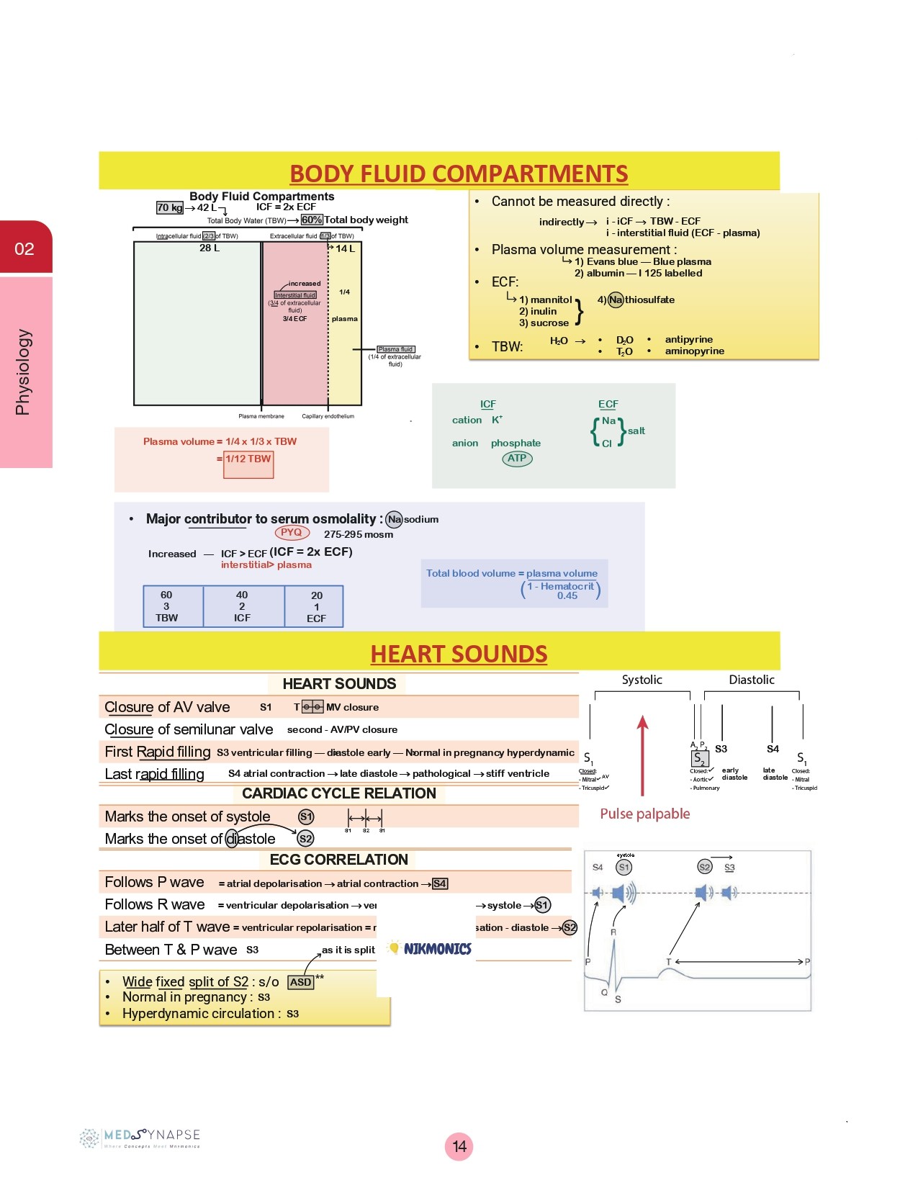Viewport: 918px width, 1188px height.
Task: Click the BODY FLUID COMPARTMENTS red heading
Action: tap(459, 174)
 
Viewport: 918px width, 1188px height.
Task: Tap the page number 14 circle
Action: tap(459, 1146)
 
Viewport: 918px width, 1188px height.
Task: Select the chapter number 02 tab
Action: tap(24, 249)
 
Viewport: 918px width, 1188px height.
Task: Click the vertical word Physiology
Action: tap(23, 372)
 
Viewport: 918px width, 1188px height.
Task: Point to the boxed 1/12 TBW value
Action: tap(248, 459)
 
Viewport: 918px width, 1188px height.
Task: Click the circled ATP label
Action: tap(517, 458)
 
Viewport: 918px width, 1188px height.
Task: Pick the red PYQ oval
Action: tap(292, 533)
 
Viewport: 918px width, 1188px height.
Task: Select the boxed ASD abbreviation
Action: tap(300, 982)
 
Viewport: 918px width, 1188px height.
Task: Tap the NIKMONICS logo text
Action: tap(437, 949)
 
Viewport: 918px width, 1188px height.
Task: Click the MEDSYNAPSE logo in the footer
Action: tap(141, 1138)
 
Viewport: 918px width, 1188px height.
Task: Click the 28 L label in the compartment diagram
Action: tap(210, 248)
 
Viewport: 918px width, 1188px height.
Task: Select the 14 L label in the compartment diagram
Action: tap(345, 248)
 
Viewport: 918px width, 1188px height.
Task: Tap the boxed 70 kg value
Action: tap(170, 207)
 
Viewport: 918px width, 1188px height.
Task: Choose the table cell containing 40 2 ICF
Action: tap(243, 606)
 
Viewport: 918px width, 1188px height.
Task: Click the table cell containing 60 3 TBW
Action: tap(166, 606)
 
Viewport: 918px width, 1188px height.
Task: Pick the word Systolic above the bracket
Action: tap(642, 680)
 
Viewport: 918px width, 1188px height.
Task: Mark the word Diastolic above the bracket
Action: tap(751, 680)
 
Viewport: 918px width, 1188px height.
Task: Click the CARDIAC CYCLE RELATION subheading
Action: tap(339, 793)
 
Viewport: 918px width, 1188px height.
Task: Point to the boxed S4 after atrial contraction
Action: tap(440, 883)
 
